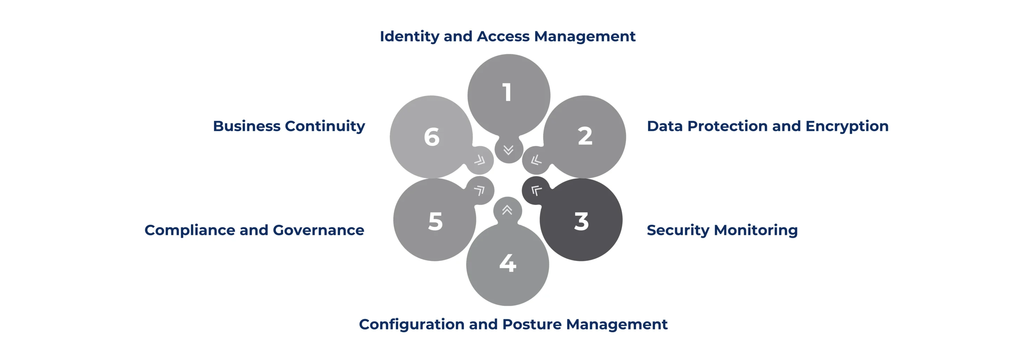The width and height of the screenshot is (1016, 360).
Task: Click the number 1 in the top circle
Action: click(507, 92)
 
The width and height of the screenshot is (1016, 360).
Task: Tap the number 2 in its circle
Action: click(585, 136)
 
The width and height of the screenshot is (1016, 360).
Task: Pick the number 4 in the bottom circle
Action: click(507, 263)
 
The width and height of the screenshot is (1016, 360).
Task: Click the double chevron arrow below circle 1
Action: click(509, 150)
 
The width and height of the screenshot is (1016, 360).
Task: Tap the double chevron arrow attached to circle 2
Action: click(536, 160)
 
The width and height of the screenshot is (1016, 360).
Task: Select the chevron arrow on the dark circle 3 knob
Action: click(536, 191)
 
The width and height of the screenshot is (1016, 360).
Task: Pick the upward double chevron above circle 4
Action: click(507, 210)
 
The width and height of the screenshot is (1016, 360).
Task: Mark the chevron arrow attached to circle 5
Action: click(479, 191)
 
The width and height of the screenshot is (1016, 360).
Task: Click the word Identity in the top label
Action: click(410, 36)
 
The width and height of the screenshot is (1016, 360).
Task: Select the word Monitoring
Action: click(754, 230)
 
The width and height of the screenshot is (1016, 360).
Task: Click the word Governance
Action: click(318, 230)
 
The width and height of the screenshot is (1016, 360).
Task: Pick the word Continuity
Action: click(325, 126)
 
